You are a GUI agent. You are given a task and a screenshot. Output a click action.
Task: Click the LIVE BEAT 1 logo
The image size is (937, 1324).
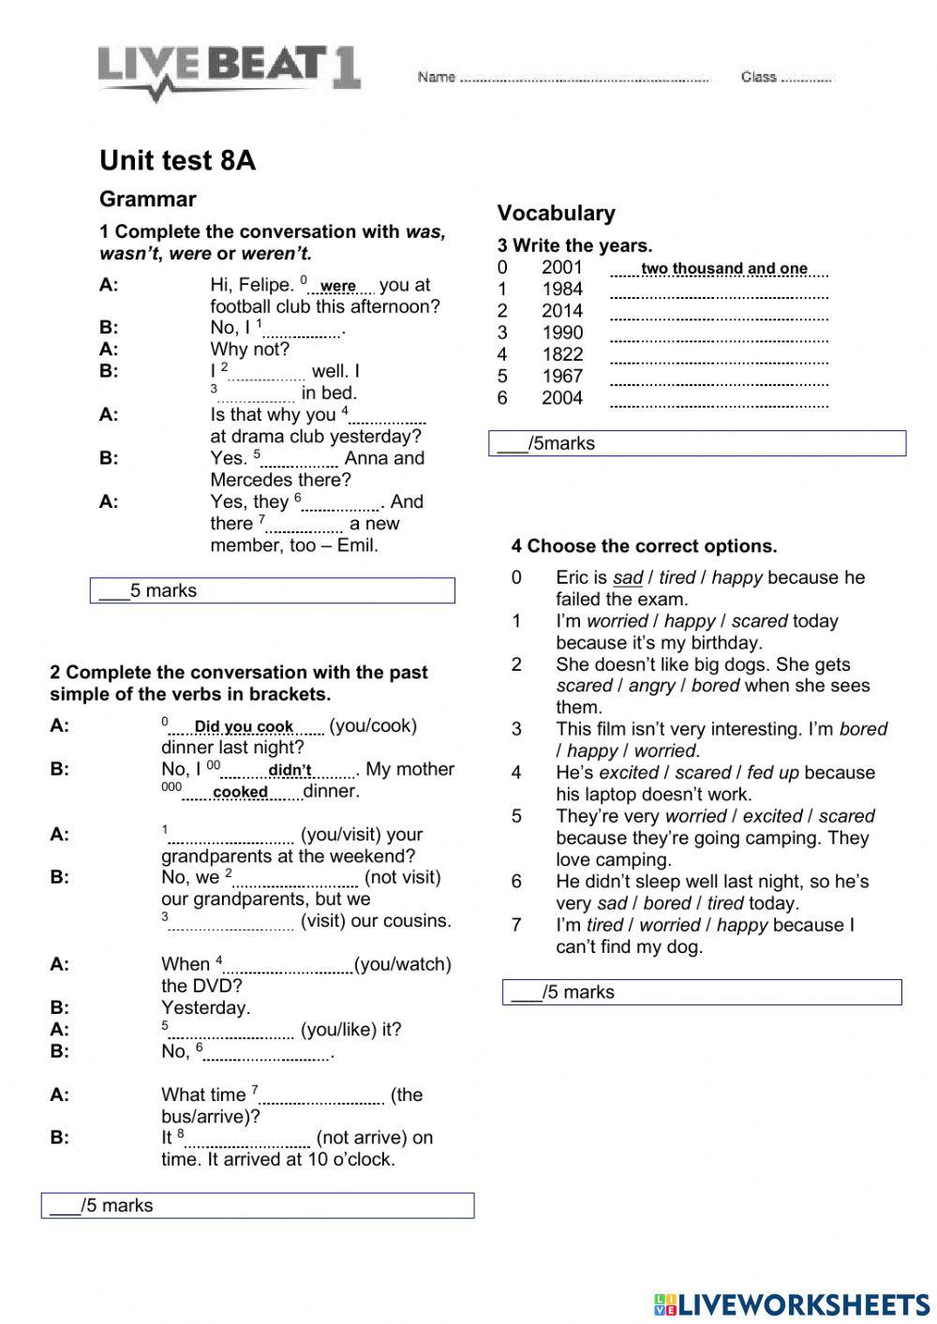[x=229, y=71]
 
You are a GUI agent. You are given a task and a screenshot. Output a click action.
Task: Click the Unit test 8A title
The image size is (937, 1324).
[x=177, y=160]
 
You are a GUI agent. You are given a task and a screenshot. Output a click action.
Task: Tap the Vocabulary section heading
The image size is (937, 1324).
[x=556, y=213]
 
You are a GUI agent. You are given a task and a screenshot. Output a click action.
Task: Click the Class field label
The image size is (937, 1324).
[x=758, y=77]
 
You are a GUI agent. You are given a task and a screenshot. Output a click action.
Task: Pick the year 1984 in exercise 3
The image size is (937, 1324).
[x=561, y=290]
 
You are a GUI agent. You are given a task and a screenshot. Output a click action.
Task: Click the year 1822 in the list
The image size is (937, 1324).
[x=561, y=354]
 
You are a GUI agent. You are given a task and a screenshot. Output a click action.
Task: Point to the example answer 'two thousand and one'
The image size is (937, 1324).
[x=723, y=269]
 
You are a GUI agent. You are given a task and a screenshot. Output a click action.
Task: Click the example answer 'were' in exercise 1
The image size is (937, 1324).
[x=338, y=287]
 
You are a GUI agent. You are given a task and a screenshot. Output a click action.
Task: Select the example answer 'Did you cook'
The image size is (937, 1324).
[x=244, y=727]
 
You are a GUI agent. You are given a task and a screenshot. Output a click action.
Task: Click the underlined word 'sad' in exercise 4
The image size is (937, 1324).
[x=627, y=578]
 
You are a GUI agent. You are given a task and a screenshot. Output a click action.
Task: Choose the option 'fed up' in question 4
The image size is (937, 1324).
[x=773, y=773]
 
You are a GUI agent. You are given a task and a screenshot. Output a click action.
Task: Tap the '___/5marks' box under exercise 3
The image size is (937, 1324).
[x=697, y=443]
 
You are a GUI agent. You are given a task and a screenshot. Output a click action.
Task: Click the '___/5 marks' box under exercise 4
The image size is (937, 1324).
[x=702, y=992]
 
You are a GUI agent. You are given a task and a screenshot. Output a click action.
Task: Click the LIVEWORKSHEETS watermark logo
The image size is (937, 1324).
[x=792, y=1304]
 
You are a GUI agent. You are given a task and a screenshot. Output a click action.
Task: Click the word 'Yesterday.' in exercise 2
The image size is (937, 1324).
[x=205, y=1007]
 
